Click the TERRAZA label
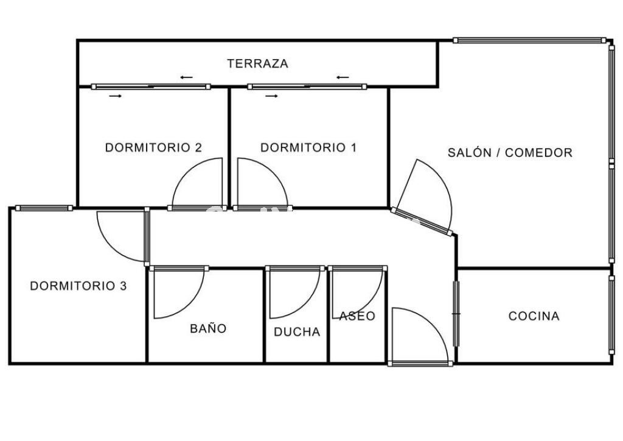tap(257, 63)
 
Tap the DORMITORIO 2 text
tap(153, 147)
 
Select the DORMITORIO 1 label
tap(308, 147)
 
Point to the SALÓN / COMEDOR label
tap(510, 152)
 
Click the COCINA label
tap(534, 316)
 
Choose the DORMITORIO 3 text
tap(78, 286)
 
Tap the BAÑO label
tap(208, 328)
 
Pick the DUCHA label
tap(297, 331)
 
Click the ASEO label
tap(357, 316)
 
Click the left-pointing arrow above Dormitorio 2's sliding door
tap(186, 77)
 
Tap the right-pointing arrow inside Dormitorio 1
tap(272, 96)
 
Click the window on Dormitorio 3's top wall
tap(44, 208)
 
